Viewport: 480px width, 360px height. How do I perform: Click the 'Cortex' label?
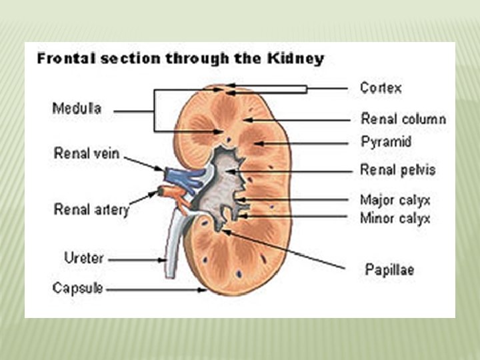click(x=381, y=87)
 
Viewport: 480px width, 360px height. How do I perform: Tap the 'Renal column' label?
click(x=403, y=119)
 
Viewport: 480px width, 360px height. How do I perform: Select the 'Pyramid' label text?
click(x=386, y=141)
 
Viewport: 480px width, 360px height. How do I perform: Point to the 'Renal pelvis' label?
click(x=397, y=170)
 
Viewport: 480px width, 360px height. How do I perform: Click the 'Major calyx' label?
click(x=395, y=200)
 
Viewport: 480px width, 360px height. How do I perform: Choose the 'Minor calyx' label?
click(x=395, y=218)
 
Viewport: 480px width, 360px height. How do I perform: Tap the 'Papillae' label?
click(x=389, y=269)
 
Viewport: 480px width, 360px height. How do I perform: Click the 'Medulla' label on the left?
click(x=77, y=108)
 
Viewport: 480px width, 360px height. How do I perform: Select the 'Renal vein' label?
click(x=87, y=153)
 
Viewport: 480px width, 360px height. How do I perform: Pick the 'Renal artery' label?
click(x=91, y=209)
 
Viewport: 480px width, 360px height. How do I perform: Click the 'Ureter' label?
click(x=83, y=257)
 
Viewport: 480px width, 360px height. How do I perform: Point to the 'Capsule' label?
click(x=78, y=289)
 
